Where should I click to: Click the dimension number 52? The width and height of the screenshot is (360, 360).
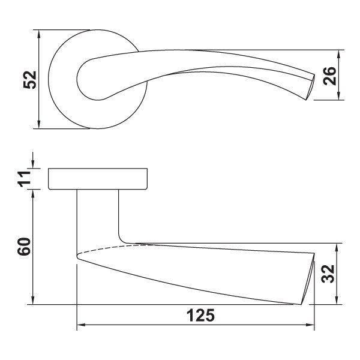click(30, 80)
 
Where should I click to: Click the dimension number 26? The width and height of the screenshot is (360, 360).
click(329, 76)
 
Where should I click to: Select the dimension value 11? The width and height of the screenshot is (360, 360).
click(25, 179)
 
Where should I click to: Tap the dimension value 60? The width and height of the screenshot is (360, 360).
click(24, 247)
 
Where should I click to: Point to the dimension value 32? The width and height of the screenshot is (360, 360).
click(328, 274)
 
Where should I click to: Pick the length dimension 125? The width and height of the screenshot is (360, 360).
click(200, 316)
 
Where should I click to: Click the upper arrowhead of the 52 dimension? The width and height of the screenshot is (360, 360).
click(39, 34)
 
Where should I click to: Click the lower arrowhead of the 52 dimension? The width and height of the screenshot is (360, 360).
click(39, 124)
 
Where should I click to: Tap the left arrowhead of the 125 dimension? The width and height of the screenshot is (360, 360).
click(81, 325)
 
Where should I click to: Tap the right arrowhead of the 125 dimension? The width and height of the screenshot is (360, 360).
click(310, 325)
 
